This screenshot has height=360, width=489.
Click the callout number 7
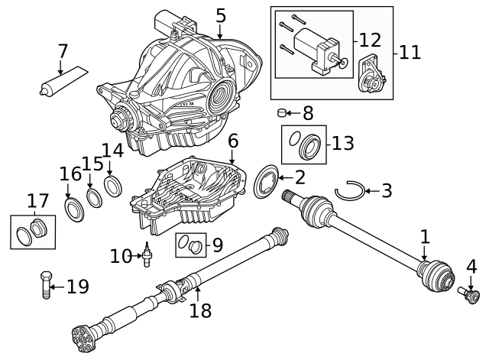coord(62,52)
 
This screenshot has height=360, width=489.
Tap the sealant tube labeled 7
coord(61,82)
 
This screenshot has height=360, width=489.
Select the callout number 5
coord(220,15)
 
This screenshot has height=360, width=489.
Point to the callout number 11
coord(410,52)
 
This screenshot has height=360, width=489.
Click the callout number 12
coord(370,38)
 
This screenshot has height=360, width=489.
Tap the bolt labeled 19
coord(45,285)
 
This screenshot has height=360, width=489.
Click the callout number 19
coord(77,287)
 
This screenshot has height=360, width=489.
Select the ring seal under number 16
coord(75,209)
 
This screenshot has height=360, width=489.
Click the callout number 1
coord(425,237)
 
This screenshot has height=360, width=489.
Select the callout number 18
coord(199,310)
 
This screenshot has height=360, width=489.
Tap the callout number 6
coord(232,141)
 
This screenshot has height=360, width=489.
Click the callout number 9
coord(217,245)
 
